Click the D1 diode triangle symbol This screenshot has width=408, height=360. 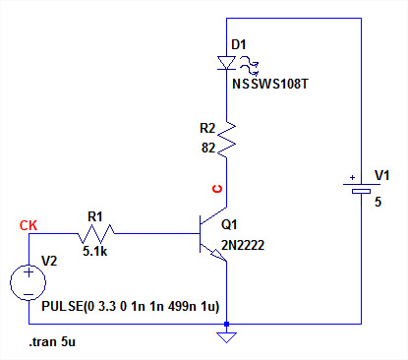tap(226, 63)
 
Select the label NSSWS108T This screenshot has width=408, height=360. tap(270, 85)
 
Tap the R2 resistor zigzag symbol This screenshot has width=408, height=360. tap(226, 140)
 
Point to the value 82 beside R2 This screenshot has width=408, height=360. tap(208, 148)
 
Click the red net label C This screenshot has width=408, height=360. tap(217, 189)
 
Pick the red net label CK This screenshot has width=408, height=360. tap(29, 225)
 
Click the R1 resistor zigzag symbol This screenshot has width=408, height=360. tap(96, 233)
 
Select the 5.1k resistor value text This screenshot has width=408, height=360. tap(94, 251)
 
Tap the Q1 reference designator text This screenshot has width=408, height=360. tap(229, 224)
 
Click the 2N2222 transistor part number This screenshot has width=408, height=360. tap(243, 245)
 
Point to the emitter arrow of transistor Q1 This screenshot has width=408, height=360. tap(218, 255)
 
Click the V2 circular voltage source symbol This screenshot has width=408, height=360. tap(29, 282)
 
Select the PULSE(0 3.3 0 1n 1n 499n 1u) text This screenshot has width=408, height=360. tap(130, 306)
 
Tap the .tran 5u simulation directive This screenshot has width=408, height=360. tap(52, 342)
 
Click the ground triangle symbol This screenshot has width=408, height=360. tap(226, 337)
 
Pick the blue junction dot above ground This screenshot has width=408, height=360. tap(226, 325)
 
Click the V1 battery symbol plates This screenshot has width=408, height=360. tap(362, 188)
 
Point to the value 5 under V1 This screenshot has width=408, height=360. tap(379, 202)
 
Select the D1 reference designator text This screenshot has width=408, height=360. tap(239, 44)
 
